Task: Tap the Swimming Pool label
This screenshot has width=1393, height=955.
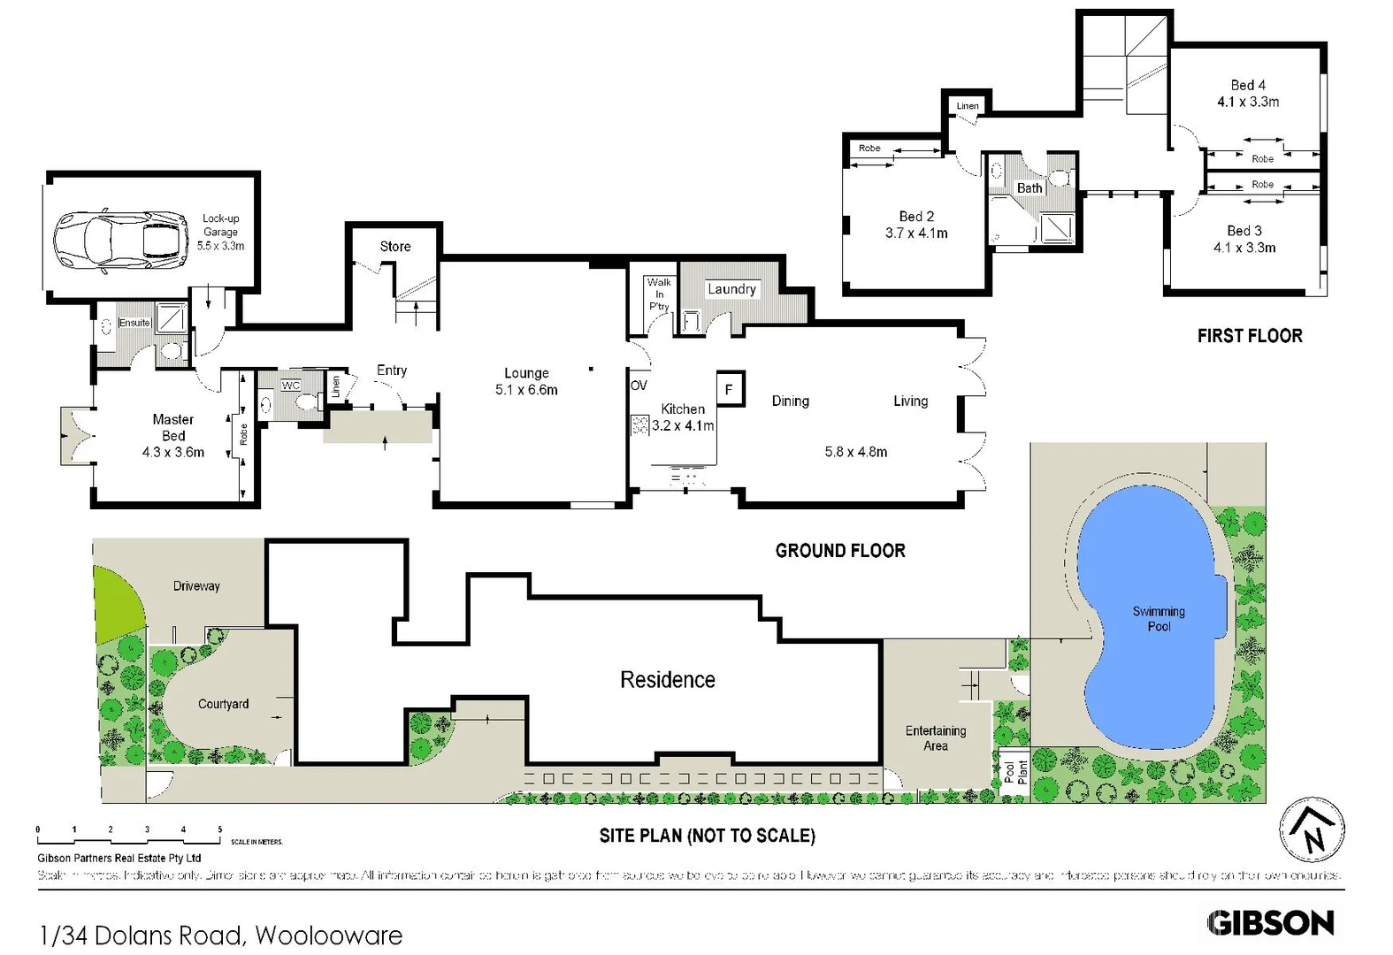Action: (x=1158, y=619)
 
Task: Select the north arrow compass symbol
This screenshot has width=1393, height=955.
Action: (x=1313, y=831)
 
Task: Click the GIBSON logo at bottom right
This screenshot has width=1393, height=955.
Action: (x=1270, y=923)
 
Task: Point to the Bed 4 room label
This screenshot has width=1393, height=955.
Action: (x=1248, y=86)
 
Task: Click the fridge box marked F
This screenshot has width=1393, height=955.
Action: (x=730, y=389)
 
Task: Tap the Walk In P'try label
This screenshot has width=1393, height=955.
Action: (x=659, y=294)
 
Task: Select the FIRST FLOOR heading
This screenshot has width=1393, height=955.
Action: (x=1249, y=336)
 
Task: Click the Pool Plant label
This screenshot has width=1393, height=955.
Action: (x=1015, y=773)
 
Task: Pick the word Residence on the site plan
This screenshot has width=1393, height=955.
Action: (x=667, y=680)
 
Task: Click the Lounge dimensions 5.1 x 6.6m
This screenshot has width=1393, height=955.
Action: (x=526, y=390)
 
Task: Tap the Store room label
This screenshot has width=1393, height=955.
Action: (x=395, y=247)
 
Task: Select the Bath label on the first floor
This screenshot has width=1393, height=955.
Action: (x=1029, y=188)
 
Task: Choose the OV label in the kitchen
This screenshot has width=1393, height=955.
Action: (x=639, y=386)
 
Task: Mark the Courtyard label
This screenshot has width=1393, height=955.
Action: (x=223, y=704)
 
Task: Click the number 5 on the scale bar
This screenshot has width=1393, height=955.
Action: (x=220, y=829)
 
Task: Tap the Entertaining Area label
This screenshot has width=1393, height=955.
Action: (x=935, y=738)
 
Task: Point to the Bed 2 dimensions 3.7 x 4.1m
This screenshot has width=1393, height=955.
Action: (x=916, y=233)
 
